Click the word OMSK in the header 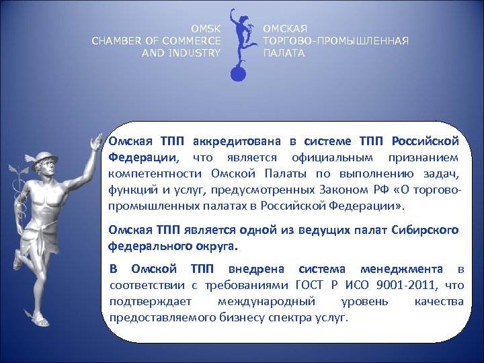206,29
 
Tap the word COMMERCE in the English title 190,41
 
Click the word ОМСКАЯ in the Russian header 285,29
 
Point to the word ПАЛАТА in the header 284,53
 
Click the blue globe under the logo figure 237,73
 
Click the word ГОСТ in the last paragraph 309,285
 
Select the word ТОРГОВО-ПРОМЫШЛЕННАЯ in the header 335,41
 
